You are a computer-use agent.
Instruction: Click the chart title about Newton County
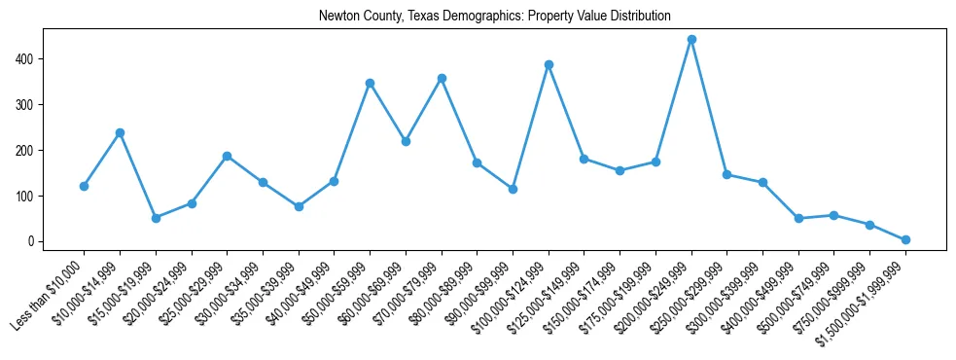(x=494, y=17)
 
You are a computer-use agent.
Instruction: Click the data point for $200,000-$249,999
(x=691, y=40)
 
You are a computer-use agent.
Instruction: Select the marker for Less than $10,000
(x=84, y=186)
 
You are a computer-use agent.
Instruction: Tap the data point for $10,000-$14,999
(x=120, y=132)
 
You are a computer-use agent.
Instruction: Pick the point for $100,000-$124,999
(x=549, y=65)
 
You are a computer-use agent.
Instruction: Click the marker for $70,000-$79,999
(x=442, y=78)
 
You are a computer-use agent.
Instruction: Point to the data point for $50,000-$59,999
(x=370, y=83)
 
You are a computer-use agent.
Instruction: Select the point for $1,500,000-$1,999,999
(x=905, y=239)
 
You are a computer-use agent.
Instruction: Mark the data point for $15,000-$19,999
(x=156, y=218)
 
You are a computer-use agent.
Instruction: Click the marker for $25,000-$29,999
(x=227, y=156)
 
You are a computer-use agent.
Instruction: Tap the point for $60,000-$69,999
(x=406, y=141)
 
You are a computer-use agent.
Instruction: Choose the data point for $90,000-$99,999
(x=513, y=189)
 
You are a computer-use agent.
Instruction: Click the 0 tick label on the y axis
(x=31, y=241)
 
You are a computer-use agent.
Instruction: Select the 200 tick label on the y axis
(x=25, y=151)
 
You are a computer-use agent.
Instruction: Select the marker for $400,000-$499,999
(x=798, y=218)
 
